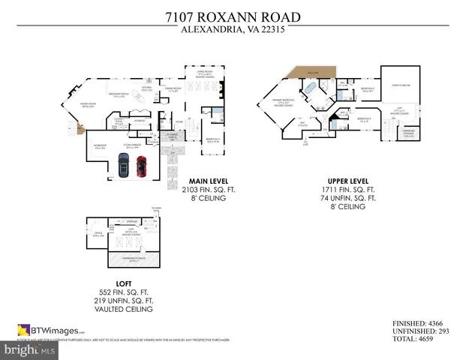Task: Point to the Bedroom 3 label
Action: coord(365,120)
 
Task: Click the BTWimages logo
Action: coord(51,329)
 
